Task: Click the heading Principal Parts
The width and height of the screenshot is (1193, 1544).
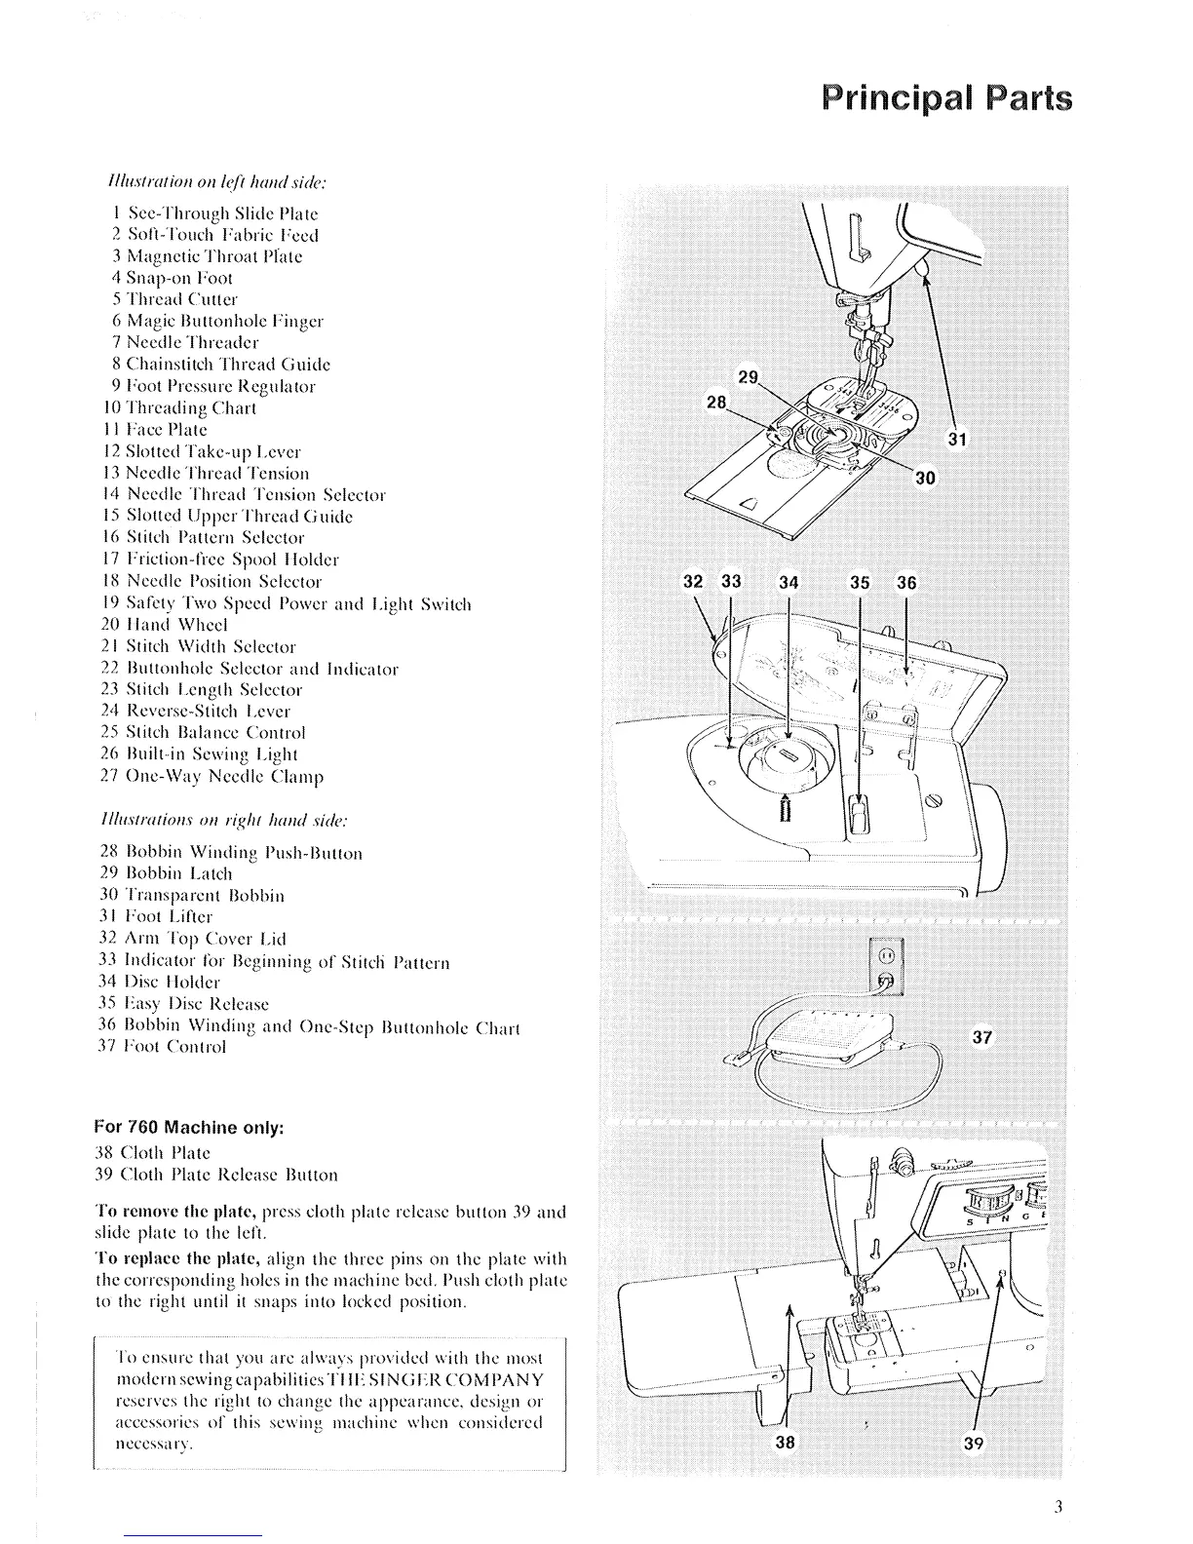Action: point(944,100)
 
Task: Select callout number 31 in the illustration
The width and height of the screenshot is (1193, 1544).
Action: point(957,441)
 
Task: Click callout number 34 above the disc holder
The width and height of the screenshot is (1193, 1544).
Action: point(789,583)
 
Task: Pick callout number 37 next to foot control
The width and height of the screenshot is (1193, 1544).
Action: point(981,1037)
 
